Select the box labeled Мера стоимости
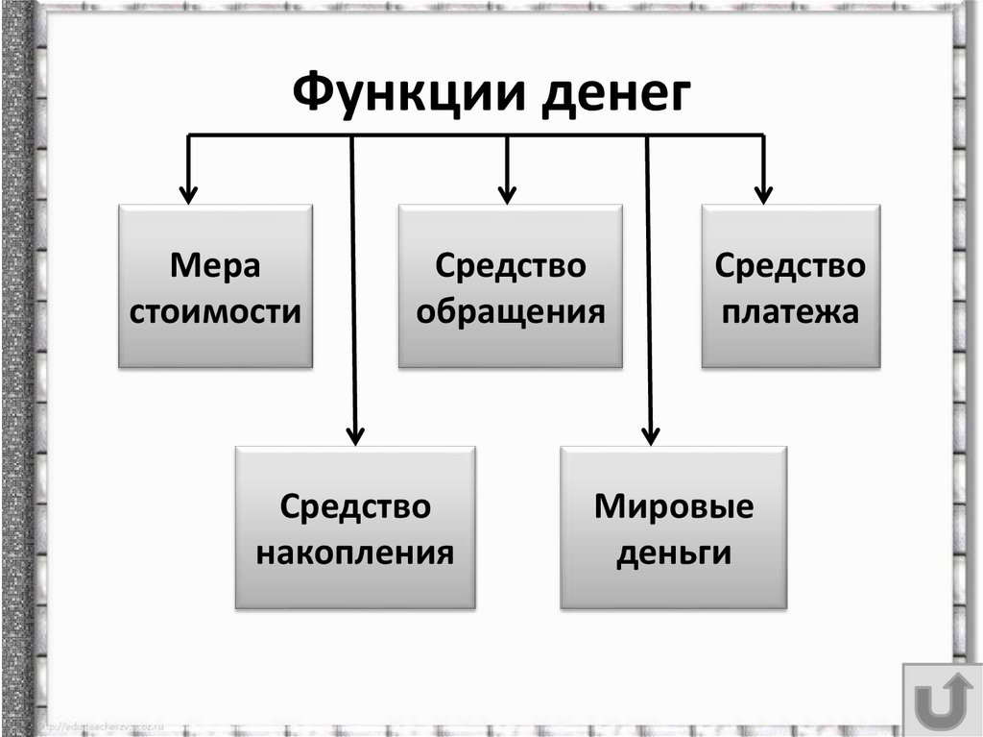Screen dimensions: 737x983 pos(215,285)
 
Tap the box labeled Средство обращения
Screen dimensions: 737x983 pos(510,285)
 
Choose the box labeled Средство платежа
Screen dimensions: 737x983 pos(790,285)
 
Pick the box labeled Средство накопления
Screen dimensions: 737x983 pos(355,528)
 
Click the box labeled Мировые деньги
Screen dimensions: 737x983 pos(673,528)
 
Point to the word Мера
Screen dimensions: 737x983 pos(215,264)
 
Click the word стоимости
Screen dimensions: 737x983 pos(215,311)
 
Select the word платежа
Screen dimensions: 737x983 pos(789,311)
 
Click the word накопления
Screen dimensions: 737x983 pos(356,553)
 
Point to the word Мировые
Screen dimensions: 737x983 pos(674,505)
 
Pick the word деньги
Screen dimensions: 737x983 pos(674,553)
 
